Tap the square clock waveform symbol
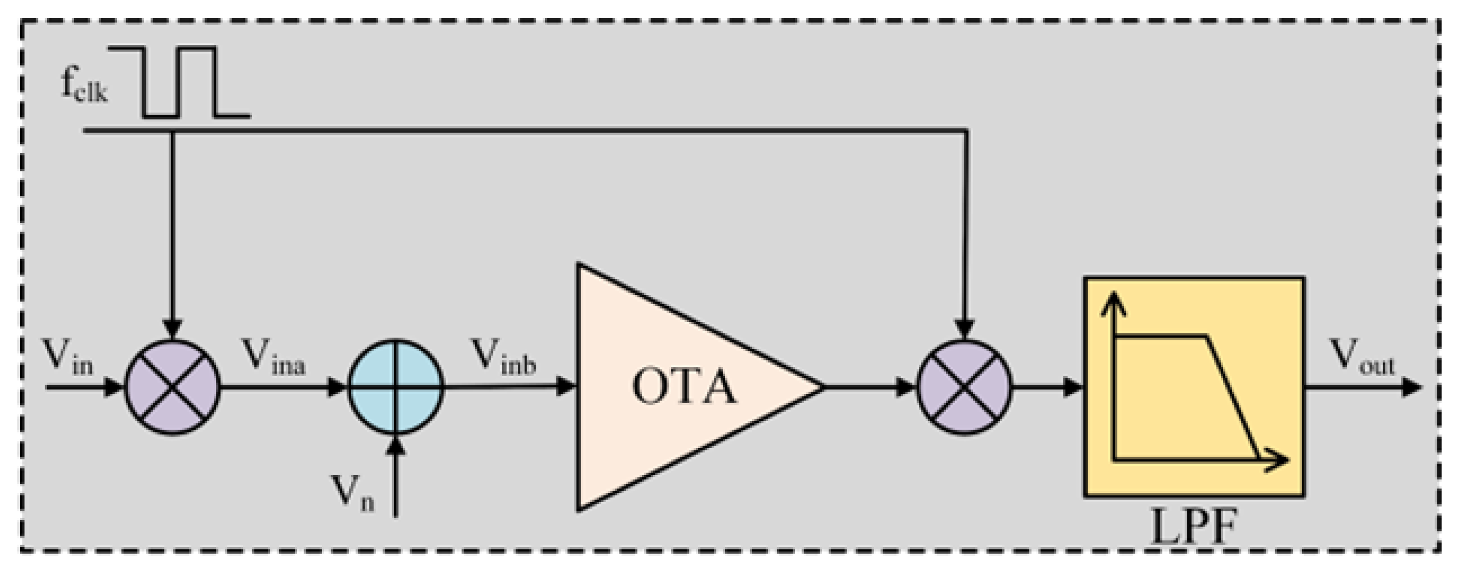pyautogui.click(x=179, y=82)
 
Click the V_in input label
pyautogui.click(x=68, y=358)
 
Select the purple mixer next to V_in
pyautogui.click(x=172, y=387)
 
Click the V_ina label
pyautogui.click(x=274, y=358)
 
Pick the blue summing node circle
pyautogui.click(x=395, y=387)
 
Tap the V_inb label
pyautogui.click(x=504, y=358)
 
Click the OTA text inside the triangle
pyautogui.click(x=684, y=387)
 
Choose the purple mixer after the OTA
pyautogui.click(x=964, y=387)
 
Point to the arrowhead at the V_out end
pyautogui.click(x=1411, y=387)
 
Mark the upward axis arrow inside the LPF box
pyautogui.click(x=1114, y=303)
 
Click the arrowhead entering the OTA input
pyautogui.click(x=565, y=387)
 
